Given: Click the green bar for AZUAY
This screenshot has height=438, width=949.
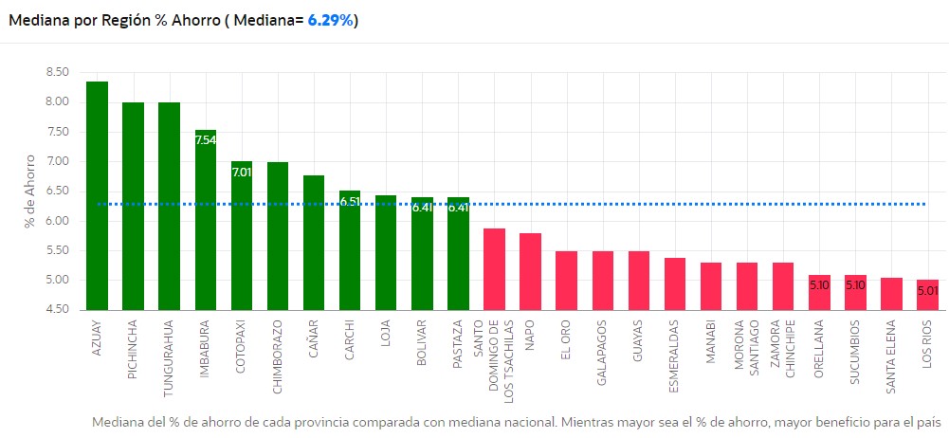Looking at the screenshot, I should (97, 195).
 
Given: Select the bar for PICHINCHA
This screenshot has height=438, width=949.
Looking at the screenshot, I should (133, 206).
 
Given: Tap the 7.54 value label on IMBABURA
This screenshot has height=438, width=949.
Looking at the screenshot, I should (206, 140).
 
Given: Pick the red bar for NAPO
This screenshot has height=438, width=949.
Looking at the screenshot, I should (531, 271).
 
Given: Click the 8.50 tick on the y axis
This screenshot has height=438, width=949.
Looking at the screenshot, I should (57, 72).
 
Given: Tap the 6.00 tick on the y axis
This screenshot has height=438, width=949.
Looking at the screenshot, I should (57, 221).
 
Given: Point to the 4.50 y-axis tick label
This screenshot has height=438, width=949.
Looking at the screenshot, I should (57, 310).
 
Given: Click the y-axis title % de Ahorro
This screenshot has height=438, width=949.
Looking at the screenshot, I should (31, 191).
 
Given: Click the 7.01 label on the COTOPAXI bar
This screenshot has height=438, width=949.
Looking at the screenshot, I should (242, 172).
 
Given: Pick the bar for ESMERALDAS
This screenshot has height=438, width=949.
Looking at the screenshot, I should (675, 283).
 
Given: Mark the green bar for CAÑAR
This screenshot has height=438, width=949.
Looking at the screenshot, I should (314, 243).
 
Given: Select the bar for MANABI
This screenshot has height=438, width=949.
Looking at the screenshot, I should (711, 286).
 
